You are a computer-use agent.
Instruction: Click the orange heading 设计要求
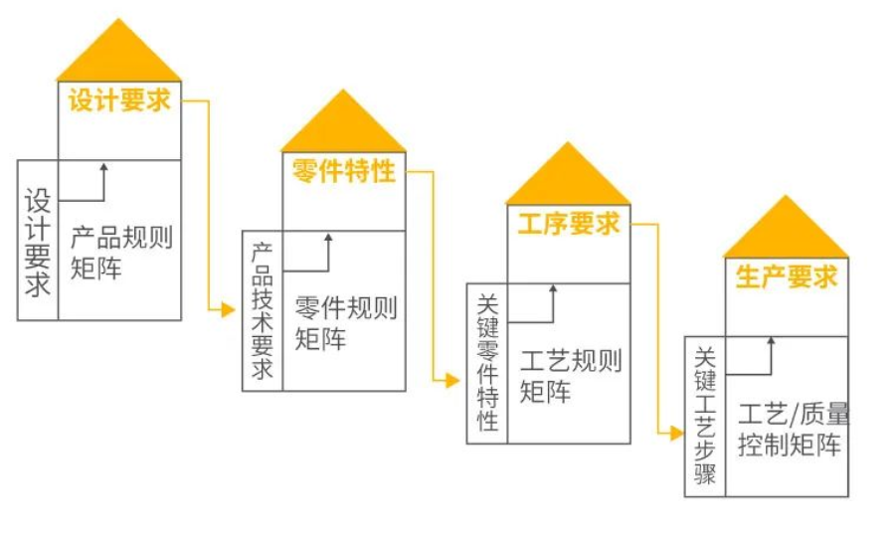(x=119, y=100)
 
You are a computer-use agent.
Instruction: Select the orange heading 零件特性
(x=344, y=170)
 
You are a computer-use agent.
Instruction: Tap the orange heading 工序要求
(x=569, y=223)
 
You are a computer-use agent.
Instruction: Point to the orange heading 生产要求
(x=787, y=276)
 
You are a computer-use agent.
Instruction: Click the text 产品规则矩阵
(x=121, y=253)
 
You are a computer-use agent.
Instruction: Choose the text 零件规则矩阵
(x=345, y=323)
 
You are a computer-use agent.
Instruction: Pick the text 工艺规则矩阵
(x=570, y=376)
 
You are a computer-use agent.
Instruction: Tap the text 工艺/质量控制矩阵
(x=794, y=430)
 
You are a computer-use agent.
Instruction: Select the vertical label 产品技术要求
(x=263, y=310)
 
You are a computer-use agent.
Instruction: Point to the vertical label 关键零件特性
(x=487, y=363)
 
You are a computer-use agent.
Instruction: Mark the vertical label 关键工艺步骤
(x=705, y=416)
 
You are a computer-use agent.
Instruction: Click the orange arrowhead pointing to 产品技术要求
(x=228, y=309)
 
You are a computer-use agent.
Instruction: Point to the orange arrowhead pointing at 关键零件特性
(x=452, y=380)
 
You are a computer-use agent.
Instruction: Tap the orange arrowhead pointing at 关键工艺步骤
(x=677, y=434)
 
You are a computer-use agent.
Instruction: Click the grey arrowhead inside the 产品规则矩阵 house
(x=103, y=168)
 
